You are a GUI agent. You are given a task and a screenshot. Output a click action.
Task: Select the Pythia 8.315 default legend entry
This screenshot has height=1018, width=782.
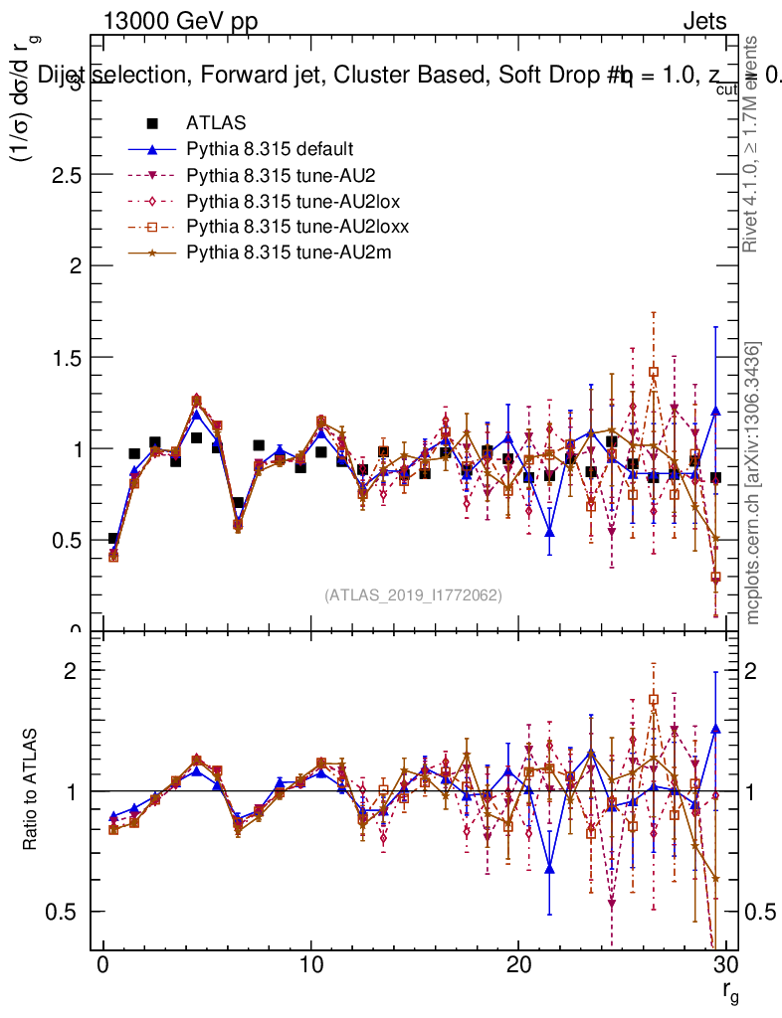269,149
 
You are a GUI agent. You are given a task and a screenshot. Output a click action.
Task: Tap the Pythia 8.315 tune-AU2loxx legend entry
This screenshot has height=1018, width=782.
288,227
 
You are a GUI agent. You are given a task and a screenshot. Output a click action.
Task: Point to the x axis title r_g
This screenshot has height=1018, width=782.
729,991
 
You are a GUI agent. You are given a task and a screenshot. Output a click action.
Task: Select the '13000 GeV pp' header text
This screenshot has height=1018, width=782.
179,21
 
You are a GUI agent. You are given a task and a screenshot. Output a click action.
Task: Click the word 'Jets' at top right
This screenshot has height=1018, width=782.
704,21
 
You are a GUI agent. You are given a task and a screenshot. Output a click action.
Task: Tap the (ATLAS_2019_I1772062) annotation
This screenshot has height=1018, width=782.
412,594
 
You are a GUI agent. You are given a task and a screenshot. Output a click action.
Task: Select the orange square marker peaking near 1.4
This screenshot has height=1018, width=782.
654,372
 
